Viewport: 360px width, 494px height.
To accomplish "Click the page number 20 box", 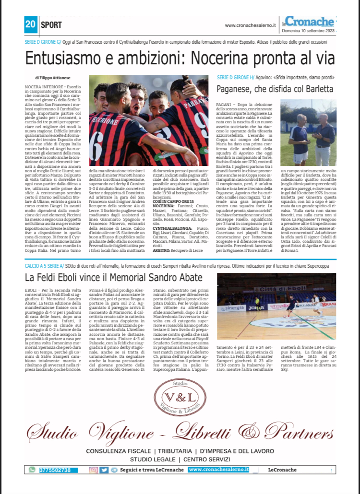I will point(31,23).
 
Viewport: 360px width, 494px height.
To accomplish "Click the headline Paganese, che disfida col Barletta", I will point(274,90).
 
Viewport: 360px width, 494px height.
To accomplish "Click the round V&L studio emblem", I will point(180,398).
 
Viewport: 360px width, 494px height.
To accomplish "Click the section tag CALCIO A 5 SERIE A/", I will point(43,265).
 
